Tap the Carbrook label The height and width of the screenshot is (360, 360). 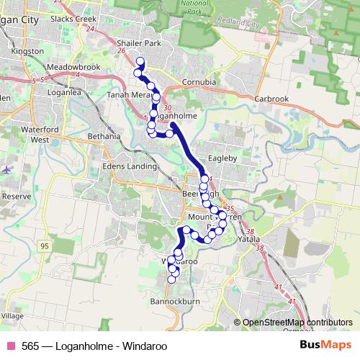pyautogui.click(x=271, y=98)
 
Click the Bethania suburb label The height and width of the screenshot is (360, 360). pyautogui.click(x=104, y=135)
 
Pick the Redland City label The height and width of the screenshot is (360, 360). pyautogui.click(x=243, y=24)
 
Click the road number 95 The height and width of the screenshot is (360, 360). pyautogui.click(x=45, y=246)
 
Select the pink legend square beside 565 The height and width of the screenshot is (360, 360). pyautogui.click(x=10, y=346)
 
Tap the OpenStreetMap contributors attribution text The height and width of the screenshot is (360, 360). pyautogui.click(x=297, y=322)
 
